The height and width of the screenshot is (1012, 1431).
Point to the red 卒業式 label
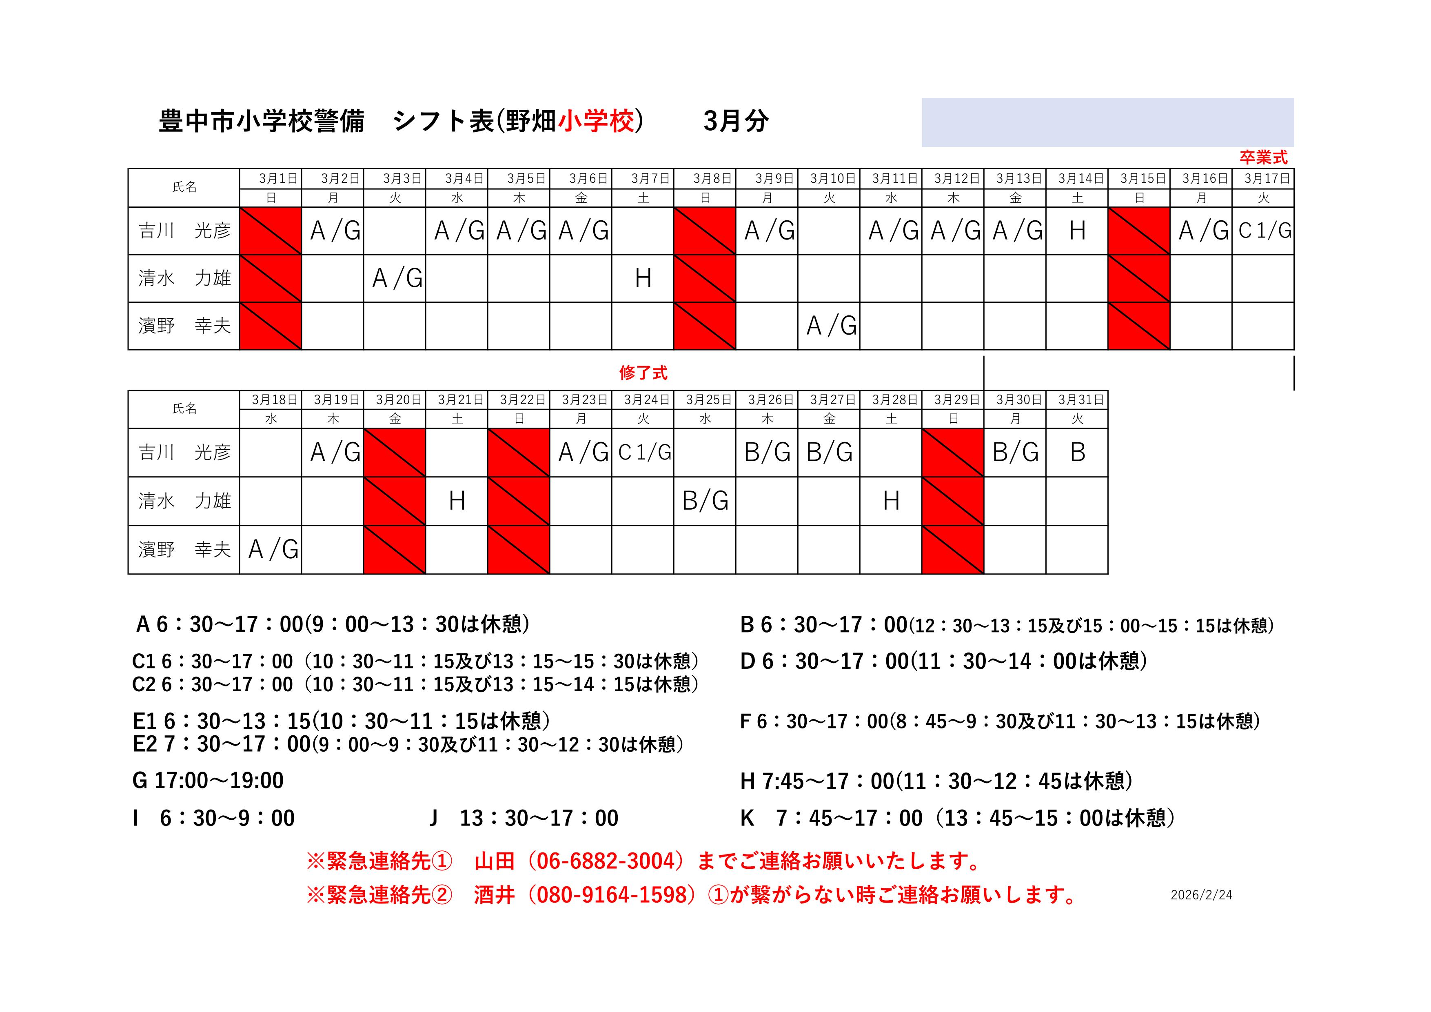(1263, 158)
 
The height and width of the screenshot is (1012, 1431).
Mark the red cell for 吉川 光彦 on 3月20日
(395, 453)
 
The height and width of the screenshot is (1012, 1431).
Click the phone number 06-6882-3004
(605, 861)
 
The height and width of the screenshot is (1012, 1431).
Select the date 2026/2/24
(1201, 895)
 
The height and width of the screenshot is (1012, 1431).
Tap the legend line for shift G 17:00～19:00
(208, 780)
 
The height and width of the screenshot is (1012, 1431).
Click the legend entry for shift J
(524, 818)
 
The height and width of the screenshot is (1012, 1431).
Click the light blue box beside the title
(1107, 122)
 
